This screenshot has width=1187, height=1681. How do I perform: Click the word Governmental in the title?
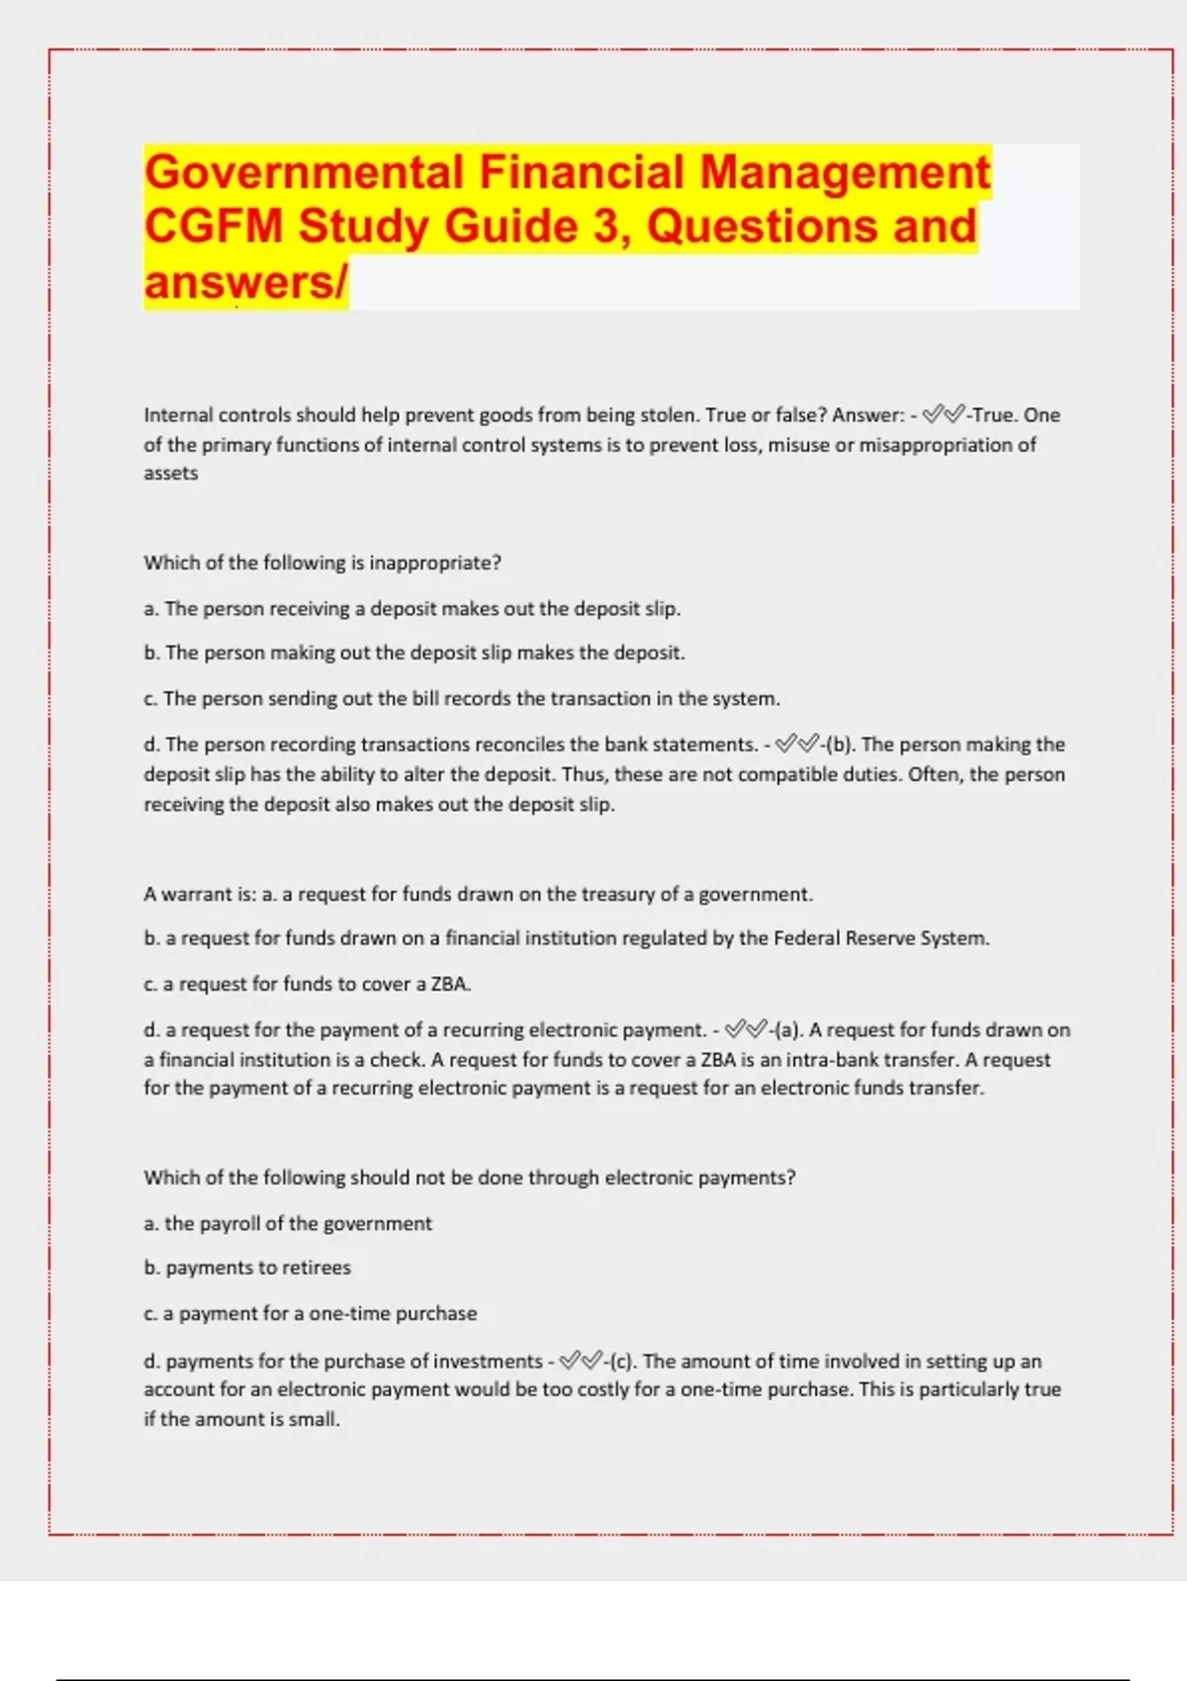point(304,172)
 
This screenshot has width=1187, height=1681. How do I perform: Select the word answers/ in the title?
point(245,283)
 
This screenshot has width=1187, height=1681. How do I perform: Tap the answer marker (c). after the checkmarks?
point(622,1362)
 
